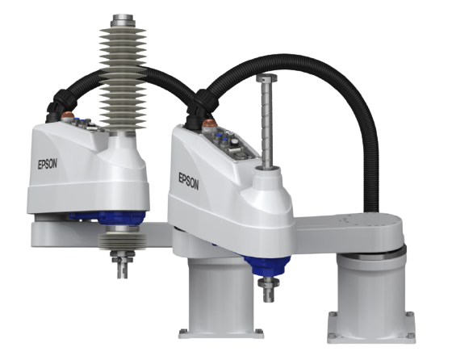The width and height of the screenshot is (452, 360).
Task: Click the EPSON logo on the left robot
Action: tap(48, 164)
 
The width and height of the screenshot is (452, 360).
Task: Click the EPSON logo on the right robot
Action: tap(189, 182)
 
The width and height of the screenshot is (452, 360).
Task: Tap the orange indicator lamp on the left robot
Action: tap(68, 115)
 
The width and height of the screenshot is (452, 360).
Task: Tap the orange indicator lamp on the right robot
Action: tap(210, 123)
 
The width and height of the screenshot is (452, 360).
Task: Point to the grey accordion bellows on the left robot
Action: tap(123, 78)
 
